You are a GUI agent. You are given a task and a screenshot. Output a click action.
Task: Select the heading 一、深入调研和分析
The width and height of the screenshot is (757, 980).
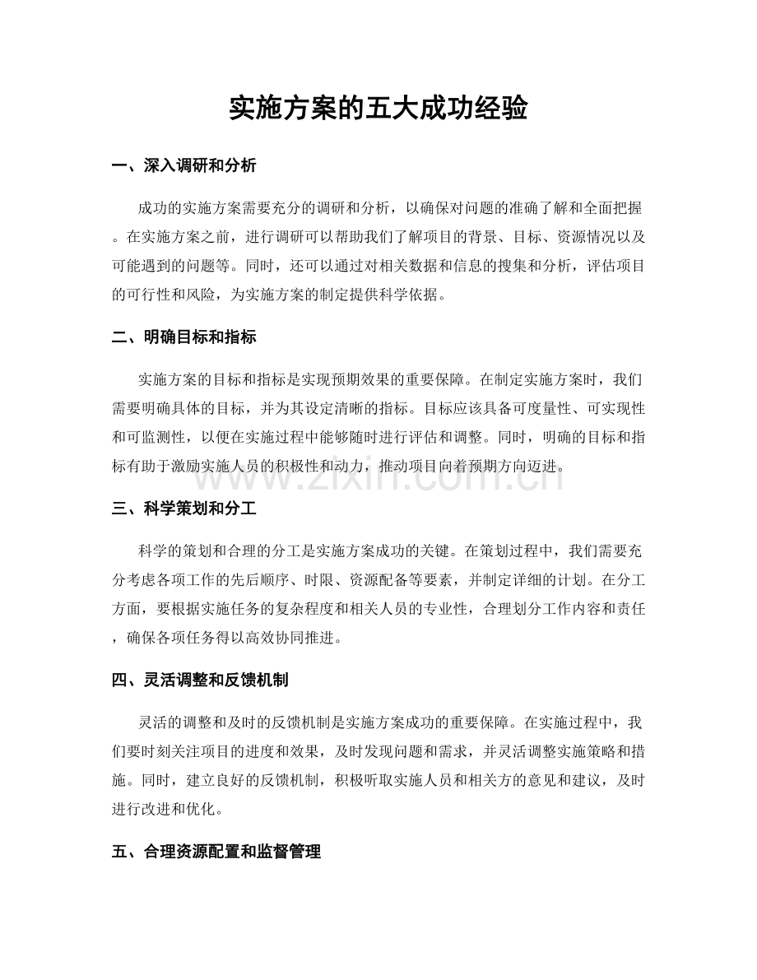183,166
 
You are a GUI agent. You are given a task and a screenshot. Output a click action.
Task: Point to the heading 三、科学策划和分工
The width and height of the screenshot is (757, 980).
183,510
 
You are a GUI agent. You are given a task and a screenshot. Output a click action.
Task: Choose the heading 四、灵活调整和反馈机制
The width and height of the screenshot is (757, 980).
198,681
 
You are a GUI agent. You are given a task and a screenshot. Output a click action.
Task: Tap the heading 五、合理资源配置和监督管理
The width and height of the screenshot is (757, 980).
216,853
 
